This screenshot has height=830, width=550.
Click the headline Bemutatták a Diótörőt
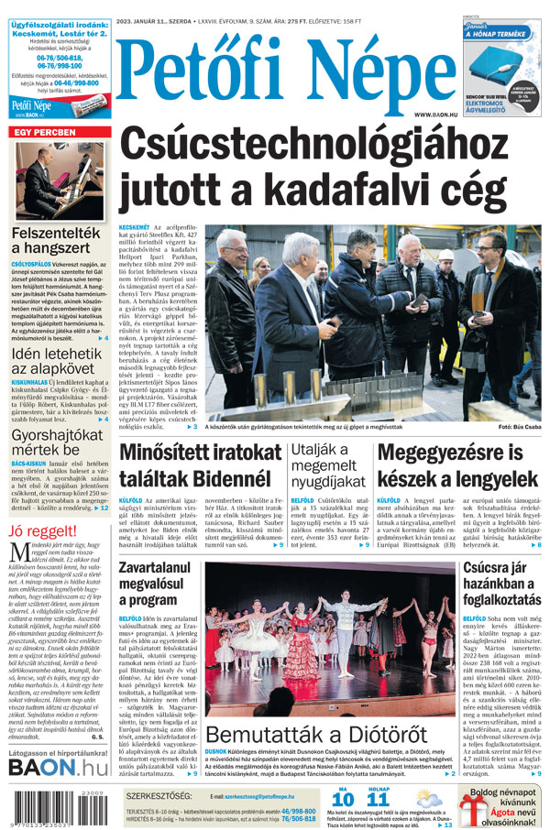click(x=315, y=736)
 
